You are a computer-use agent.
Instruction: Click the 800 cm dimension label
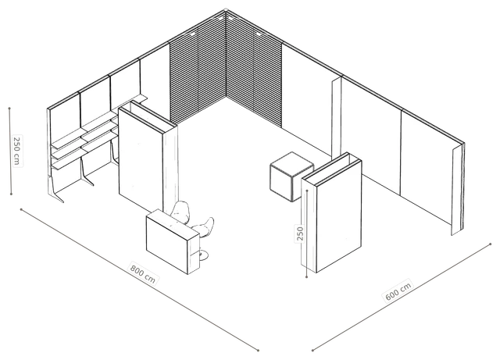click(x=143, y=273)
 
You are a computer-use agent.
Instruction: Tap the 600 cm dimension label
click(x=398, y=290)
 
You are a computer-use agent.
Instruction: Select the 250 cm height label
click(x=17, y=151)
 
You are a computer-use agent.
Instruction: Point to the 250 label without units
click(x=300, y=233)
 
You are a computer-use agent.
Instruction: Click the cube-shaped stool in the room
click(x=291, y=176)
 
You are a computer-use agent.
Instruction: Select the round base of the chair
click(x=203, y=254)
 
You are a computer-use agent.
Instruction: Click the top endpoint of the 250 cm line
click(x=9, y=109)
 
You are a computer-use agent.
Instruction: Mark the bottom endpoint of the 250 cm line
click(x=11, y=194)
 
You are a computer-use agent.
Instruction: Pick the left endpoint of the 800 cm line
click(x=21, y=209)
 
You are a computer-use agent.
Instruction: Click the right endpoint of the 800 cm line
click(x=258, y=351)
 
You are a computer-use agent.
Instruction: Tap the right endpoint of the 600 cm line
click(x=491, y=244)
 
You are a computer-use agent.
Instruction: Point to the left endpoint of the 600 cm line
click(x=312, y=351)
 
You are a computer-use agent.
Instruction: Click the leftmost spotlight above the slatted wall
click(x=192, y=33)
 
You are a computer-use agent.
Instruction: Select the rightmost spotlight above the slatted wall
click(x=259, y=33)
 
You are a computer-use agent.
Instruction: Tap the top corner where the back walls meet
click(x=226, y=10)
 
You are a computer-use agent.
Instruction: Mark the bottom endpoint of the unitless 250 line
click(x=306, y=276)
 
